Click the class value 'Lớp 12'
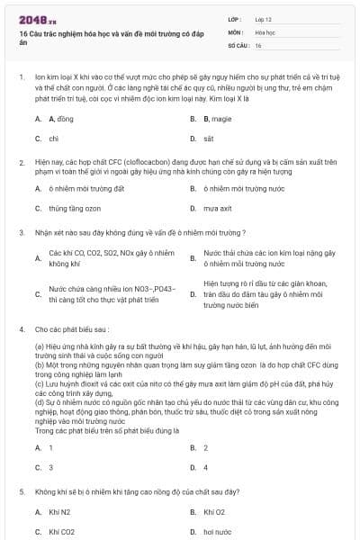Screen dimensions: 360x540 click(x=263, y=19)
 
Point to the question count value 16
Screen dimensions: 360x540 click(x=258, y=44)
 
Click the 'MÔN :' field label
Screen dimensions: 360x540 click(x=236, y=31)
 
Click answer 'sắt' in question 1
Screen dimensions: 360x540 click(x=208, y=139)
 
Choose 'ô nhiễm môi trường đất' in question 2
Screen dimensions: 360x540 click(x=86, y=188)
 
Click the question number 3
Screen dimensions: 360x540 click(x=21, y=231)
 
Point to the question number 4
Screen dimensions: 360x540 click(x=21, y=330)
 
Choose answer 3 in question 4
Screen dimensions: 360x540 click(x=51, y=467)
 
